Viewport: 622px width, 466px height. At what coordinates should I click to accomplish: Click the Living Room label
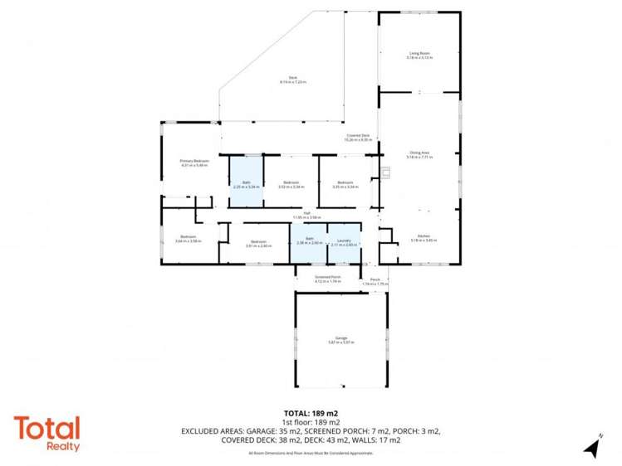419,54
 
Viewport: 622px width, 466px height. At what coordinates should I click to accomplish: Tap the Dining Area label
419,154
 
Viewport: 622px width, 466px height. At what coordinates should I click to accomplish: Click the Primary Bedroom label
192,163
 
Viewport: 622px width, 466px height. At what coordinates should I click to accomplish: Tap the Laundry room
344,243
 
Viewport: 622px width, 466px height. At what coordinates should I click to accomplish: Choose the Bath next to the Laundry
308,241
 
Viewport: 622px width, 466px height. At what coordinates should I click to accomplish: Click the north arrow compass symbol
592,445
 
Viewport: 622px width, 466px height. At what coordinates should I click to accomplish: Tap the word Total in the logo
47,429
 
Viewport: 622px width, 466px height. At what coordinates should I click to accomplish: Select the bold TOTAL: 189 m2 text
311,412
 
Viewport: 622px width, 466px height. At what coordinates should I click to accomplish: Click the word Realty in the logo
62,447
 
